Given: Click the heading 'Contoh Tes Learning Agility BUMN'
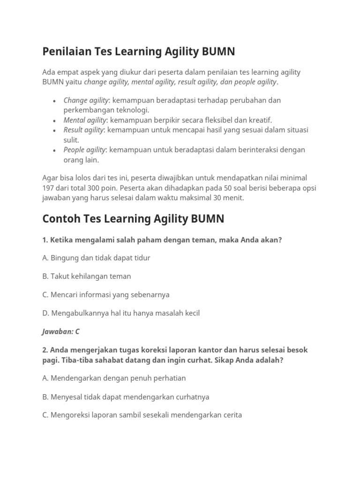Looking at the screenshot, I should [x=133, y=218].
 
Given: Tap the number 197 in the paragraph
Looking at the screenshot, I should [x=49, y=187].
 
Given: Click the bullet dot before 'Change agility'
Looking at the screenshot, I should [x=55, y=100].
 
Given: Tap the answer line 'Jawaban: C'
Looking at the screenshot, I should [x=61, y=331].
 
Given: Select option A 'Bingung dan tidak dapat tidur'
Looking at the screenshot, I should [x=96, y=258].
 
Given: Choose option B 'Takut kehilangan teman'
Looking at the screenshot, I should [x=87, y=276].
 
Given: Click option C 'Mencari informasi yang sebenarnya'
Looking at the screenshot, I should [x=106, y=294].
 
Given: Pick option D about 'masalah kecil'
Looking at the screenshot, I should [x=121, y=313].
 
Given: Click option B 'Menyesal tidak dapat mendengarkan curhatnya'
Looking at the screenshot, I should [x=126, y=397].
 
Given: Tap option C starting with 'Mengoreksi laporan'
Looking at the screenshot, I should [x=142, y=415].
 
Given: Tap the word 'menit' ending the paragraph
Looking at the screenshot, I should [x=233, y=197].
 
